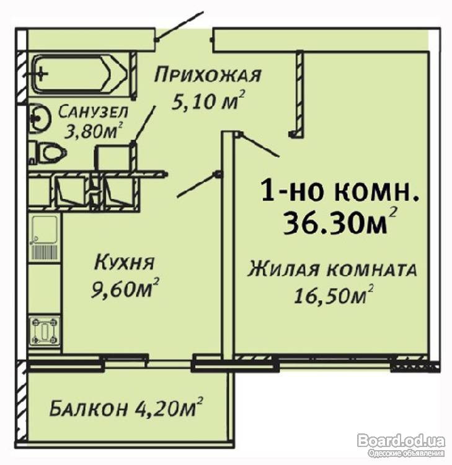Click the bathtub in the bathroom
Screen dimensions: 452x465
80,74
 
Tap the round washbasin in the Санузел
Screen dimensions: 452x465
40,118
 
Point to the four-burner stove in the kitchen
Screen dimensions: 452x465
45,331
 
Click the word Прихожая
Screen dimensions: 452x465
208,75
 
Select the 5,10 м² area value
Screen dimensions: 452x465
209,100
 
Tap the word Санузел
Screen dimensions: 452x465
93,112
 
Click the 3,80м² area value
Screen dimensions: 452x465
94,131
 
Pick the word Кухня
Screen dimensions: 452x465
125,263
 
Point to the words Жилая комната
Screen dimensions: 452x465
332,270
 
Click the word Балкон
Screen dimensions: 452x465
89,409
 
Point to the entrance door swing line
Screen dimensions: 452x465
180,26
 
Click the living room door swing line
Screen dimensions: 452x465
260,144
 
